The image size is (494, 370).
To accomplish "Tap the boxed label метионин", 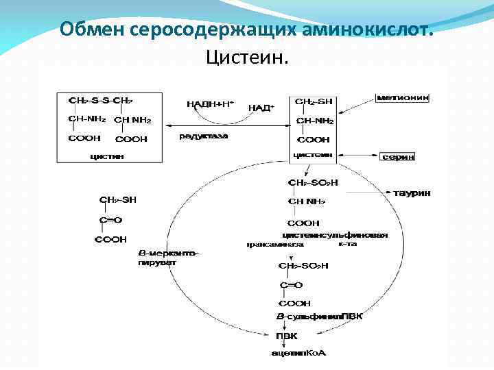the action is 403,98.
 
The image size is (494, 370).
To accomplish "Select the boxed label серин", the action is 399,156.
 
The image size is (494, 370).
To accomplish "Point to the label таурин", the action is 412,193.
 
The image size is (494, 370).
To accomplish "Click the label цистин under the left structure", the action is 108,156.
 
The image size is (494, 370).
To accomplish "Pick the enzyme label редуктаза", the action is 203,136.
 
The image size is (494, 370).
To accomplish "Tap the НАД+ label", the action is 261,108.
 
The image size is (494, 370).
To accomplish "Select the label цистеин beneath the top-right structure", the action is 313,155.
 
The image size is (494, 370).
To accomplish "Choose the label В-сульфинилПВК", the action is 319,316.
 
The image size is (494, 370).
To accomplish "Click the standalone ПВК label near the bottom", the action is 287,336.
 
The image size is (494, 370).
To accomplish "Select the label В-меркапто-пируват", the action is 168,257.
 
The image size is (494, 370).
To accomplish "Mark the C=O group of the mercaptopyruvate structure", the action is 110,220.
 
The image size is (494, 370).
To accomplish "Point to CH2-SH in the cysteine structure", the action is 314,101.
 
